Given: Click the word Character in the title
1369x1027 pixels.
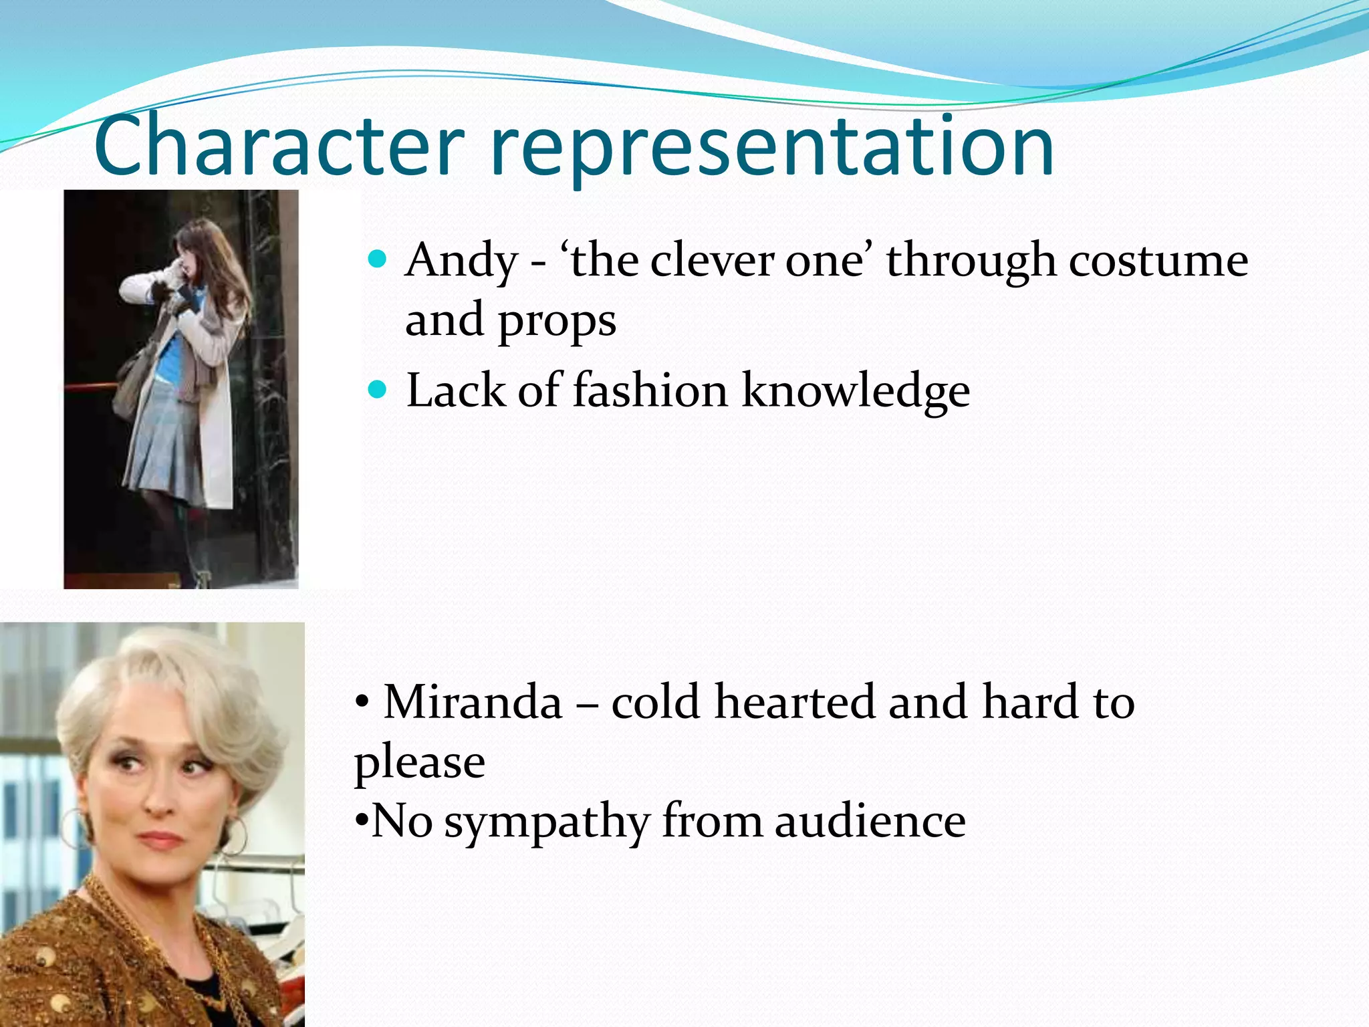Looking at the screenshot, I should (x=279, y=146).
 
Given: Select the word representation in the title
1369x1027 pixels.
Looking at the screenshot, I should (x=772, y=148).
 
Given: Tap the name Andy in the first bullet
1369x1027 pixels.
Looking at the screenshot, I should (x=462, y=260).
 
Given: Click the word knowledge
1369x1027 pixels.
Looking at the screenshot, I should (x=856, y=392).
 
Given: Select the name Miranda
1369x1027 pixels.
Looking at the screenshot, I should (x=473, y=702).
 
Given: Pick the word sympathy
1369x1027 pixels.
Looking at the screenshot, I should (x=547, y=822).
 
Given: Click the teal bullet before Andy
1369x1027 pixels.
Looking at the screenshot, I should (x=378, y=259).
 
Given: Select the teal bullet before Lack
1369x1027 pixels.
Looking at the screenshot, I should (x=378, y=389).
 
